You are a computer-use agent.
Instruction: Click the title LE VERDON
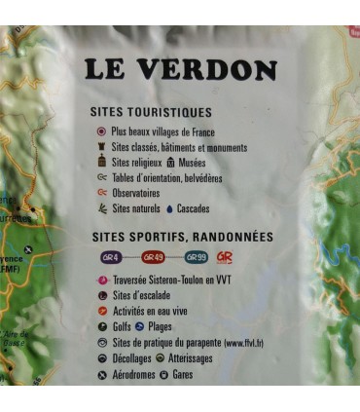(x=180, y=70)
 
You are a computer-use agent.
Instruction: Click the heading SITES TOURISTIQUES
(x=150, y=113)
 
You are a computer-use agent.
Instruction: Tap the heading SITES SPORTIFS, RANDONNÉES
(x=182, y=237)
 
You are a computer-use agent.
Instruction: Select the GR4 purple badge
(x=111, y=257)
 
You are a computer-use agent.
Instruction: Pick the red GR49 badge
(x=153, y=257)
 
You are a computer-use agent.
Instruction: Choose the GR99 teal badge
(x=196, y=257)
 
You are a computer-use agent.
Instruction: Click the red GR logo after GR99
(x=225, y=257)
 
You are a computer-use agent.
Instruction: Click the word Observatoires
(x=139, y=193)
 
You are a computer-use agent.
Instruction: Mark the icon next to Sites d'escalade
(x=101, y=295)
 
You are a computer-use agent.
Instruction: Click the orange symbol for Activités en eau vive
(x=101, y=311)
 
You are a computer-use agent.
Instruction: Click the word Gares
(x=184, y=374)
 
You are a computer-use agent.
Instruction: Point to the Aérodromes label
(x=136, y=374)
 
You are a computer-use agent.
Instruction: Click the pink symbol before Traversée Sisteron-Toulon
(x=101, y=280)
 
